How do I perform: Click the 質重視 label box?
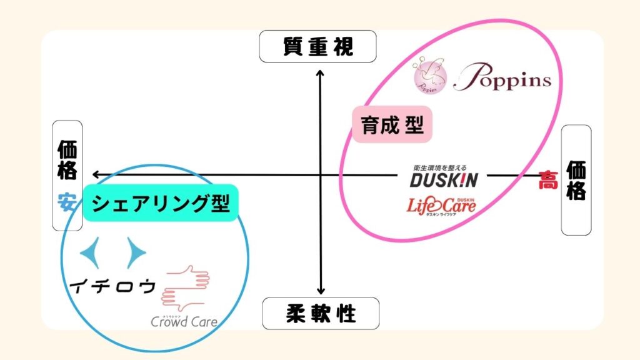tap(318, 47)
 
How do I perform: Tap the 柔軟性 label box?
tap(321, 313)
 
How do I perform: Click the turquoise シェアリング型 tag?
tap(161, 204)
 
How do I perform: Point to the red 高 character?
tap(548, 181)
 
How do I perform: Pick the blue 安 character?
tap(67, 202)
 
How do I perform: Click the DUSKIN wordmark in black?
tap(444, 181)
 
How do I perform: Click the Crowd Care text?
tap(184, 322)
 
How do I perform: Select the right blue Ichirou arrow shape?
tap(136, 252)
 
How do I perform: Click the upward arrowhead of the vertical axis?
tap(320, 74)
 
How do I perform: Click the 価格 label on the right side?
tap(576, 180)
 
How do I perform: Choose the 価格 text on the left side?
tap(67, 160)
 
